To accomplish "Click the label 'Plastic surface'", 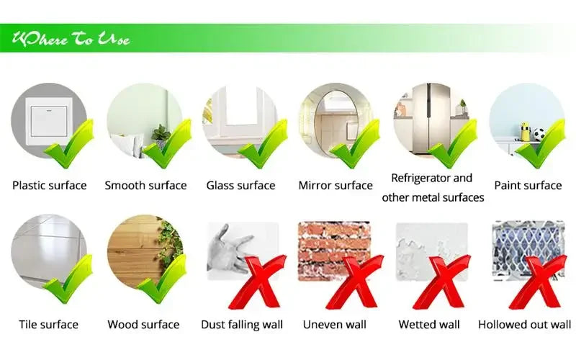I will (x=49, y=185).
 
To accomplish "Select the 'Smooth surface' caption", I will (x=145, y=185).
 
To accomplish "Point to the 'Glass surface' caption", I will (x=240, y=185).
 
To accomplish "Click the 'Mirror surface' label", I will (x=336, y=185).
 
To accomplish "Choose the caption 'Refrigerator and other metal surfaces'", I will (x=432, y=187).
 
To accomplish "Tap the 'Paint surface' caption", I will (x=527, y=185).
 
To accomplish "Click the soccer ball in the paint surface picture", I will (x=539, y=135).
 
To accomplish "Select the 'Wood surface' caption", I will (x=143, y=324).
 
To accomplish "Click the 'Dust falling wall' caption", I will (x=242, y=324).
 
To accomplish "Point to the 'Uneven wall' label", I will (x=335, y=324).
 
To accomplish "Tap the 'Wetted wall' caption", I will (x=429, y=324).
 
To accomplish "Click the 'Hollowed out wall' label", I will (x=524, y=324).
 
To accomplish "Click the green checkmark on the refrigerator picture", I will (x=453, y=145).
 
